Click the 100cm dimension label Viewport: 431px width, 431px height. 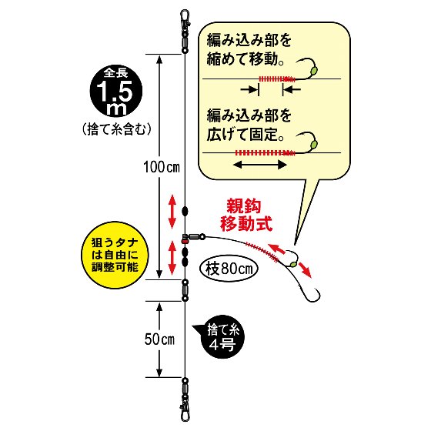[162, 167]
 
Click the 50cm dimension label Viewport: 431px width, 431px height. [159, 339]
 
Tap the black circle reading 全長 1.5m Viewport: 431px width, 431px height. [116, 91]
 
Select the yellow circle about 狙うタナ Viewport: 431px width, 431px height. [115, 256]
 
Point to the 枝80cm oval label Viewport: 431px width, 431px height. [229, 269]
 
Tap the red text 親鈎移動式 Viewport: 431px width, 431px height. [246, 215]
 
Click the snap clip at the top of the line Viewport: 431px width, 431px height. [185, 19]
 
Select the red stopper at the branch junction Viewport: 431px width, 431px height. [185, 241]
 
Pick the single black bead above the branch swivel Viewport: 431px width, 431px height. [185, 212]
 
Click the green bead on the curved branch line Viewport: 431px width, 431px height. [292, 265]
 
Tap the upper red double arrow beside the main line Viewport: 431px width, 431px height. [172, 212]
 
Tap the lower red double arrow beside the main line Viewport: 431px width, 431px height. [172, 258]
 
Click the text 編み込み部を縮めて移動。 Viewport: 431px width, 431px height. [248, 50]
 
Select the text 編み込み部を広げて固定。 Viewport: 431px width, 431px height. [248, 125]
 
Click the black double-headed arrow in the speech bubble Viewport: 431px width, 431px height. [260, 165]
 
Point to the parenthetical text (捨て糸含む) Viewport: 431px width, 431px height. [116, 129]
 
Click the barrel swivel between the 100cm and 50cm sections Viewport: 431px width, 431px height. [185, 291]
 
